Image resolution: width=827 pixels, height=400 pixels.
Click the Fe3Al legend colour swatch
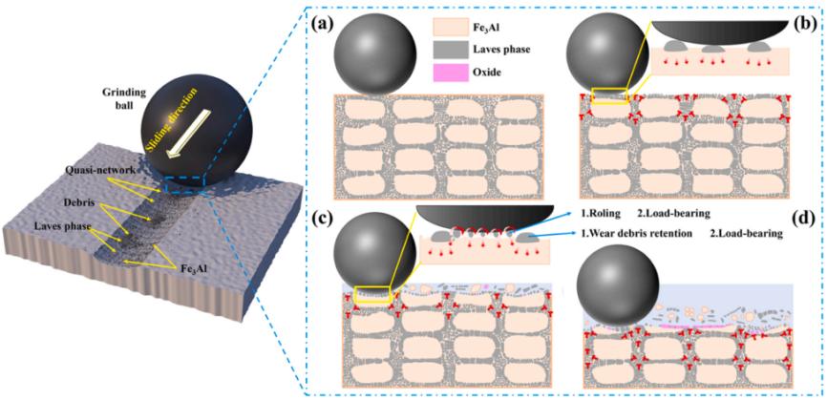tap(456, 22)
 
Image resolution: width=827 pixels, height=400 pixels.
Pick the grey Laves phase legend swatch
tap(456, 46)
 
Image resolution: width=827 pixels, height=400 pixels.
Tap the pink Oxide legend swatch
tap(456, 70)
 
